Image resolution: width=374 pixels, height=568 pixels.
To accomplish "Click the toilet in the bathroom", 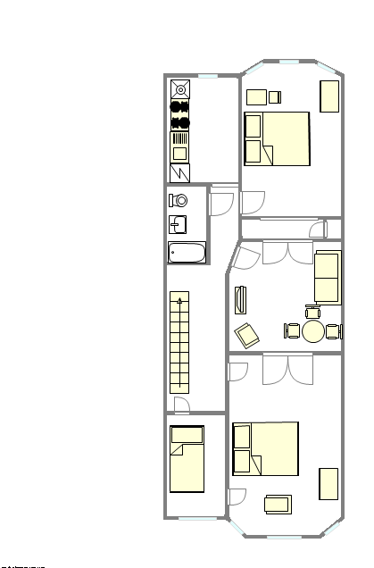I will (179, 200).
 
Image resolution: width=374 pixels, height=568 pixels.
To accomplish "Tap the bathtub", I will (187, 252).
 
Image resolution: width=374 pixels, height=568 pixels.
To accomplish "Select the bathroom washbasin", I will (179, 224).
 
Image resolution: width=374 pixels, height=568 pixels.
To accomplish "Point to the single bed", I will (187, 459).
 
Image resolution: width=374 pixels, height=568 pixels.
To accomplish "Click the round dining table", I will (313, 331).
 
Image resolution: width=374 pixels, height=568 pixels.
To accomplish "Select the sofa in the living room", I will (327, 277).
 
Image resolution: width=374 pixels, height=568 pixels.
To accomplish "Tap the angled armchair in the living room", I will (247, 335).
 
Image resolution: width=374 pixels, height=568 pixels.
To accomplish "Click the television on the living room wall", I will (238, 299).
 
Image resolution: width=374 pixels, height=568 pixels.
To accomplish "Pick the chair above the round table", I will (312, 312).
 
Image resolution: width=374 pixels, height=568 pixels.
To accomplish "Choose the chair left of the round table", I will (292, 331).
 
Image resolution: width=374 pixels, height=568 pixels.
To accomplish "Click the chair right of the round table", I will (334, 331).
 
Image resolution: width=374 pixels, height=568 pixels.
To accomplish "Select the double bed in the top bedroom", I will (277, 138).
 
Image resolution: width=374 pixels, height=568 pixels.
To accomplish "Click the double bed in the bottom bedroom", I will (265, 448).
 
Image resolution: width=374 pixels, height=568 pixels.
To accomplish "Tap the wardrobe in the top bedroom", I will (329, 96).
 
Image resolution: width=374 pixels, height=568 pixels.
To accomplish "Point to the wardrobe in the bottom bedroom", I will (328, 483).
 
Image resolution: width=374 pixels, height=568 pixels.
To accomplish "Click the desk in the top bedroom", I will (257, 96).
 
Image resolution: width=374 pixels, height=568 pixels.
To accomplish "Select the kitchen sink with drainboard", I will (180, 146).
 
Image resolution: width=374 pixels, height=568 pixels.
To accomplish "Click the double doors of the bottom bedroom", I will (287, 369).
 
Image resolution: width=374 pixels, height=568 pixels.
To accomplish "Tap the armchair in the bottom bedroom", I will (278, 505).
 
